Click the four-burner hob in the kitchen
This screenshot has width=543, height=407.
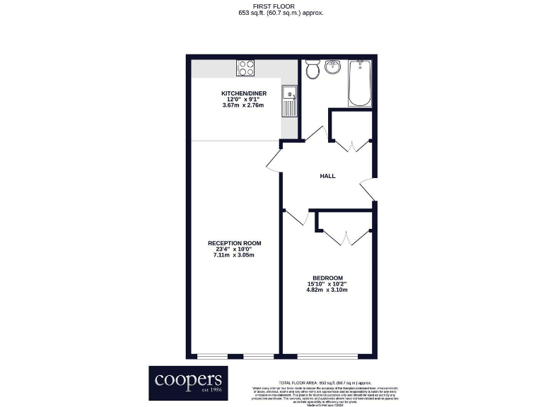coord(246,69)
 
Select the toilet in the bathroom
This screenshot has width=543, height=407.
coord(312,69)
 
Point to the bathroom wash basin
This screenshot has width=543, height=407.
coord(334,69)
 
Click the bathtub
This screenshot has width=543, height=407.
coord(360,82)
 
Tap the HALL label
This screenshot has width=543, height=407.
coord(327,177)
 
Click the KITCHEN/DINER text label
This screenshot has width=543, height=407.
coord(243,93)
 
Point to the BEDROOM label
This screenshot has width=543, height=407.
coord(327,278)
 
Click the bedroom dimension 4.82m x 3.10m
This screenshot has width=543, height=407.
coord(327,290)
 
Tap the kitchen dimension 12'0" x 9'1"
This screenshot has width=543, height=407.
coord(243,100)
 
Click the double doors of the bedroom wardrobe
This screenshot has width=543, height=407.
coord(345,237)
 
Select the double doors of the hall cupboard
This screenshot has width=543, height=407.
coord(351,144)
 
